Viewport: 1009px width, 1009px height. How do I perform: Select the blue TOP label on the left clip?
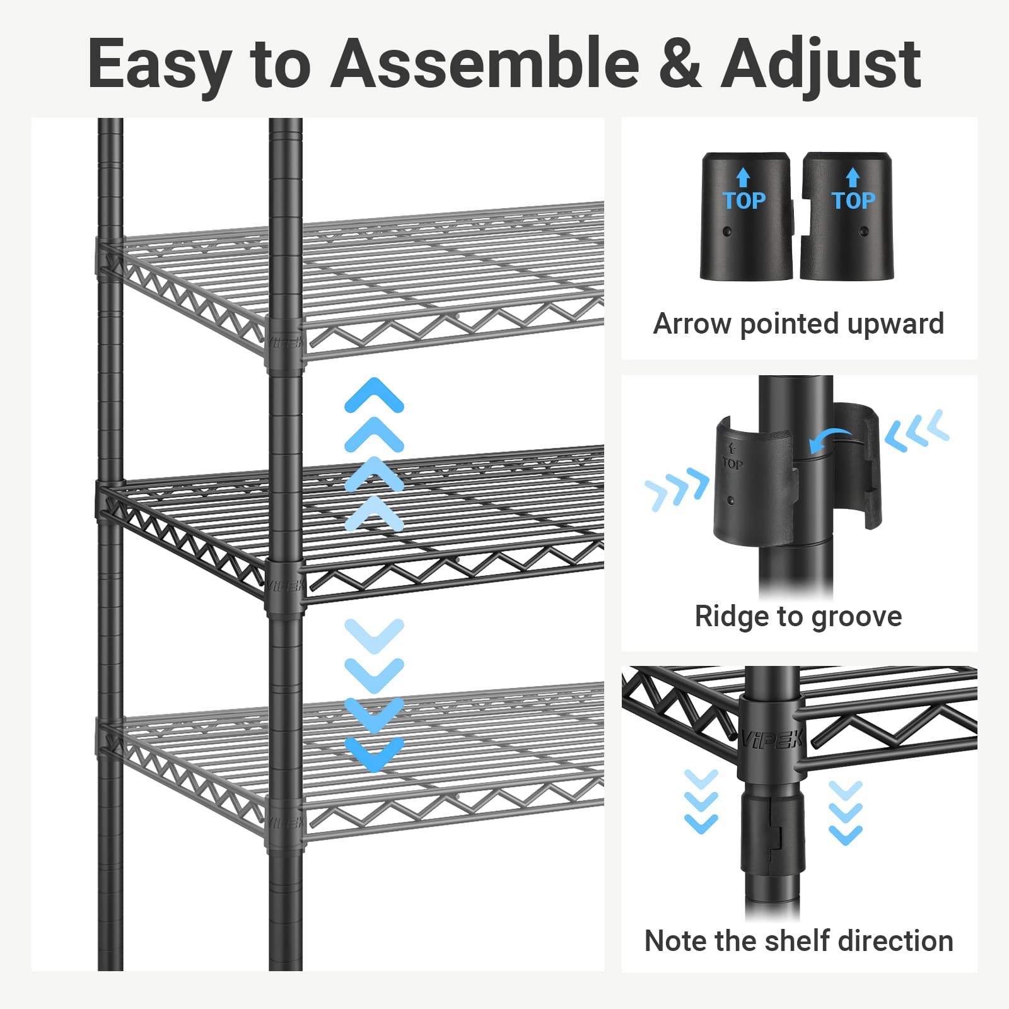(744, 201)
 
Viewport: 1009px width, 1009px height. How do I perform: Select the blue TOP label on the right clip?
(853, 201)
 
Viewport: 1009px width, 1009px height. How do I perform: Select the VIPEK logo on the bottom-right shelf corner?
(771, 739)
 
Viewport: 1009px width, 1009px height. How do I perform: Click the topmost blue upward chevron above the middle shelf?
(374, 395)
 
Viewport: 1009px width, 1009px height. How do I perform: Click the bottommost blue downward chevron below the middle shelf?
(374, 754)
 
